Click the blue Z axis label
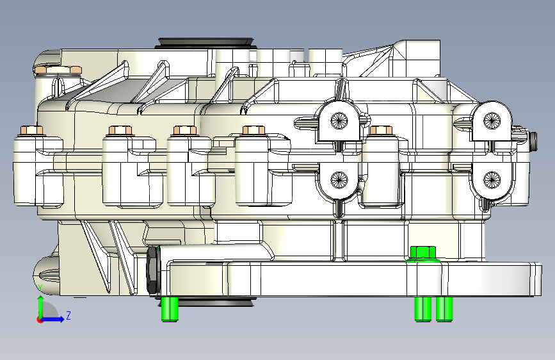click(x=68, y=315)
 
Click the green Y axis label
click(x=40, y=286)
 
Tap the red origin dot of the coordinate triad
click(x=40, y=319)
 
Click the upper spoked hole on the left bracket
click(x=338, y=119)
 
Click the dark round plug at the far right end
click(x=533, y=138)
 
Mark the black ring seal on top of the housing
click(x=206, y=43)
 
